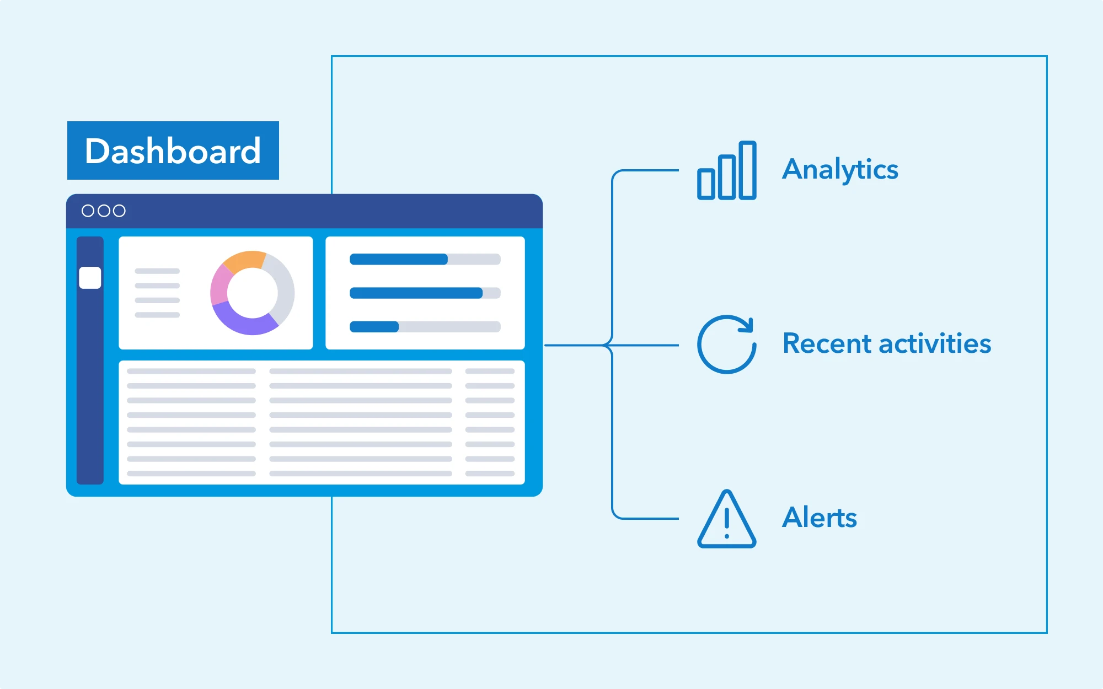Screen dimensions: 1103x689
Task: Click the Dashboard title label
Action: pos(173,150)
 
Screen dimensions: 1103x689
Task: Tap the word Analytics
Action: pos(840,169)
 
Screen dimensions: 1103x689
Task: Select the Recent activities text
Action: pos(887,343)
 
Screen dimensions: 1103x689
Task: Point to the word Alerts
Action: pos(820,518)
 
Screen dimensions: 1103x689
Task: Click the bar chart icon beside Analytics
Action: pos(727,170)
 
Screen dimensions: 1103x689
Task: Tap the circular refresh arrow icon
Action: pos(727,344)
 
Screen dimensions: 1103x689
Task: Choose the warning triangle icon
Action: pos(727,519)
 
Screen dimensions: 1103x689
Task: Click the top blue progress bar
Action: pos(399,259)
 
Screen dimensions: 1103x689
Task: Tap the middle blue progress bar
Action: pos(416,293)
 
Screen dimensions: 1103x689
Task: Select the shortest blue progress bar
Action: pos(374,327)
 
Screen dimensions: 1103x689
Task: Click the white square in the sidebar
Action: pos(90,278)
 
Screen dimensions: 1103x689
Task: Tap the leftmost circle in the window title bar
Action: pos(88,211)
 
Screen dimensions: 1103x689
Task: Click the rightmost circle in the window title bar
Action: pos(119,211)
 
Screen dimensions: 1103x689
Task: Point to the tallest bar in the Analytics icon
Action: pos(747,170)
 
